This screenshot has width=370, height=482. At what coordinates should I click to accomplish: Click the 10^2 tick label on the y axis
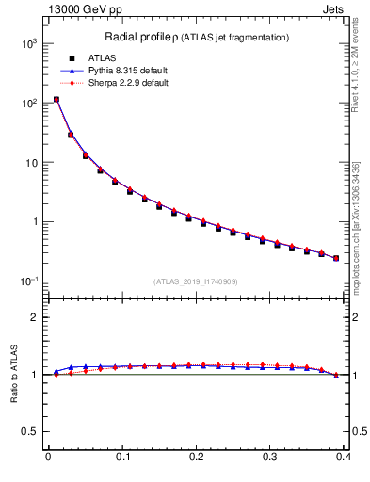[27, 103]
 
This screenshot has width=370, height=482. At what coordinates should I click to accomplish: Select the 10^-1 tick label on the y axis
[27, 281]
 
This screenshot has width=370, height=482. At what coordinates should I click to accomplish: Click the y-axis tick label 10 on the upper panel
[29, 163]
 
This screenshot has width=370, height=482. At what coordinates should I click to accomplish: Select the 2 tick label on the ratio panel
[34, 317]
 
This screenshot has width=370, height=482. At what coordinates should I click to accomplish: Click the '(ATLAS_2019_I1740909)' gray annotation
[195, 281]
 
